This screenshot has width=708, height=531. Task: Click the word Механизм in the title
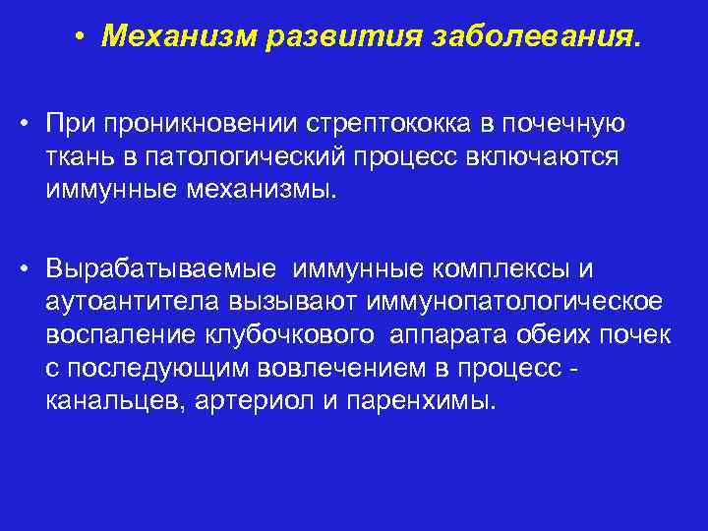pyautogui.click(x=181, y=39)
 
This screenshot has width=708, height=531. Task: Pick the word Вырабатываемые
pyautogui.click(x=156, y=269)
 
